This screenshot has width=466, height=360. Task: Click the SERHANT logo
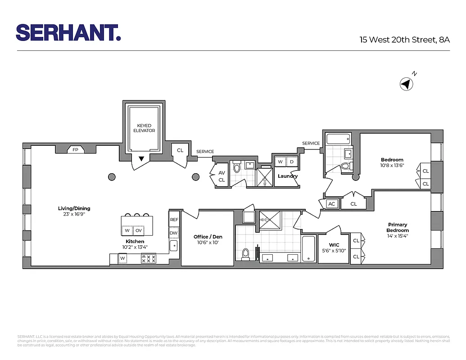pyautogui.click(x=68, y=32)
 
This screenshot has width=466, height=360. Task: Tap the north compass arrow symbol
pyautogui.click(x=406, y=84)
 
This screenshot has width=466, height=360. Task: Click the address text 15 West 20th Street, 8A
pyautogui.click(x=404, y=40)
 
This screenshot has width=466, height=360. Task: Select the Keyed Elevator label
pyautogui.click(x=144, y=128)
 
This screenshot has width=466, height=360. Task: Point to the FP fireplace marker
pyautogui.click(x=75, y=150)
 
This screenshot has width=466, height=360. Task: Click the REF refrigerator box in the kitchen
pyautogui.click(x=174, y=220)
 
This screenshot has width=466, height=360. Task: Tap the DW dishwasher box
pyautogui.click(x=174, y=233)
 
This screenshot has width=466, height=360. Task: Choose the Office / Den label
pyautogui.click(x=208, y=239)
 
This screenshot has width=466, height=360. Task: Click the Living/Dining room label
pyautogui.click(x=74, y=211)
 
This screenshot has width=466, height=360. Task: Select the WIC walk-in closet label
pyautogui.click(x=334, y=248)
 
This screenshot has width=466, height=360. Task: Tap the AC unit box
pyautogui.click(x=332, y=204)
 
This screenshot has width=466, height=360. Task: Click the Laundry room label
pyautogui.click(x=287, y=176)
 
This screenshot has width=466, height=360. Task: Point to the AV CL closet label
pyautogui.click(x=222, y=176)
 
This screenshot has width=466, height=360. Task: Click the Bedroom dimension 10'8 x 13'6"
pyautogui.click(x=392, y=165)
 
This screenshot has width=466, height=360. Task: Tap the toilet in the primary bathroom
pyautogui.click(x=246, y=254)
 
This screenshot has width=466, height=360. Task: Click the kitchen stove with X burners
pyautogui.click(x=149, y=259)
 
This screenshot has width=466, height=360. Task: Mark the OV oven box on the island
pyautogui.click(x=139, y=230)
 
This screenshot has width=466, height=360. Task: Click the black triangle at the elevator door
pyautogui.click(x=141, y=158)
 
